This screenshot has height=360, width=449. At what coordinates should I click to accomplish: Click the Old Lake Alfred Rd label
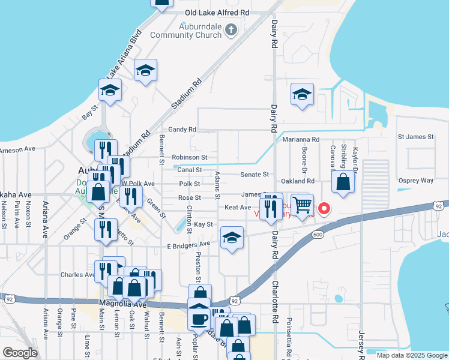click(217, 12)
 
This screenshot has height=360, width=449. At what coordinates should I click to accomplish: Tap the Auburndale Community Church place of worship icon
click(231, 29)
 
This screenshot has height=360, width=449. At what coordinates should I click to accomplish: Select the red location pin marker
click(324, 209)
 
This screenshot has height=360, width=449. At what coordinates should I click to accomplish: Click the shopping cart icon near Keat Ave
click(302, 205)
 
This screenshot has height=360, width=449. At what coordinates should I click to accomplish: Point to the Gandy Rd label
click(182, 129)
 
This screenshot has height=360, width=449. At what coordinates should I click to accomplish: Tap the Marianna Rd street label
click(306, 139)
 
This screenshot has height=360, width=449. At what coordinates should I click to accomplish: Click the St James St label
click(416, 137)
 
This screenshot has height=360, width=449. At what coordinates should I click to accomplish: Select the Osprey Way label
click(415, 181)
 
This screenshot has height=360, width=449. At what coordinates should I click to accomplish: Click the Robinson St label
click(189, 157)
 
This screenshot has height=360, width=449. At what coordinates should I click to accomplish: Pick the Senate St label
click(255, 175)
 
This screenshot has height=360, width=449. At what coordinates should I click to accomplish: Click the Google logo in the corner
click(20, 352)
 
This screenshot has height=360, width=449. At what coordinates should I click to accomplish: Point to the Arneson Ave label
click(17, 149)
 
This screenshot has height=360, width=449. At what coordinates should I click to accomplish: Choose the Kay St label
click(203, 224)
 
